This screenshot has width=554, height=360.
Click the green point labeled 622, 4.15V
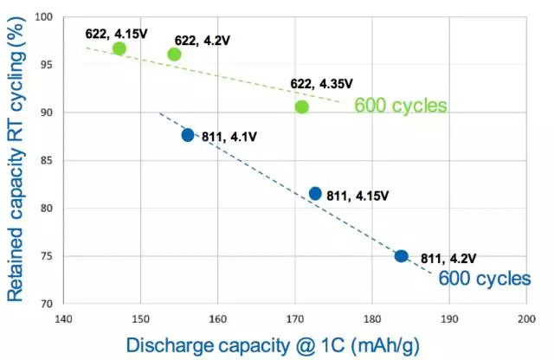click(x=119, y=48)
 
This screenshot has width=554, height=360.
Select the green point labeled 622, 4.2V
click(x=174, y=55)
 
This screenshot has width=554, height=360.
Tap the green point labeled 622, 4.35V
click(x=301, y=107)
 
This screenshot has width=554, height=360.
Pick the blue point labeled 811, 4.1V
click(x=188, y=135)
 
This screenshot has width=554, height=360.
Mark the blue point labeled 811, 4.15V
click(x=315, y=194)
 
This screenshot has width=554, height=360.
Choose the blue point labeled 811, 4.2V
click(x=401, y=256)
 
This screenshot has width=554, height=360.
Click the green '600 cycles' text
click(x=401, y=106)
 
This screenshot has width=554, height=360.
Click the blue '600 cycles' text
click(x=485, y=279)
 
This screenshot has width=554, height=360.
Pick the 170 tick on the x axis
click(x=295, y=318)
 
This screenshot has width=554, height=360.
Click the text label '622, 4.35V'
click(x=322, y=84)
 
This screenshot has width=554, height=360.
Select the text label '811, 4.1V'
click(x=229, y=137)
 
